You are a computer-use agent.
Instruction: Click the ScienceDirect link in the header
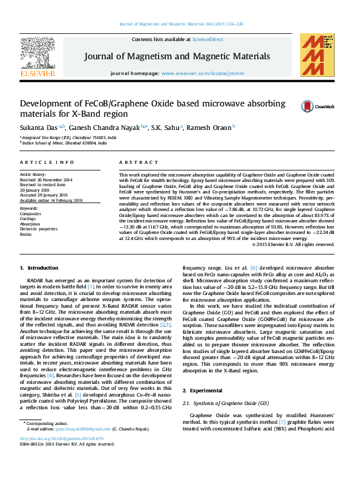(x=209, y=39)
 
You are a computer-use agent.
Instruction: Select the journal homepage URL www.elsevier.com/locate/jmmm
(x=194, y=73)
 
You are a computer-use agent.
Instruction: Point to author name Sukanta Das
(x=39, y=128)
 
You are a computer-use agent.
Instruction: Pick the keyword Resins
(x=27, y=234)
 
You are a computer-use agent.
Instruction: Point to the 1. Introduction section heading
(x=39, y=267)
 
